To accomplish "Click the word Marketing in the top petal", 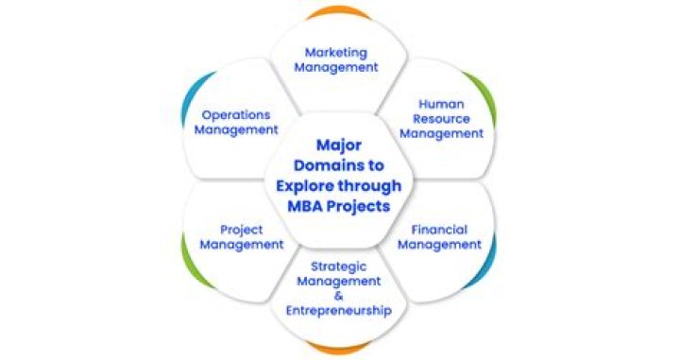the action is point(336,53).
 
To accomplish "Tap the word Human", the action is point(441,104).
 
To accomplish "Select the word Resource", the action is point(441,119).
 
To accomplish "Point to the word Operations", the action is point(236,115).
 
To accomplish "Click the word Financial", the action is point(439,230).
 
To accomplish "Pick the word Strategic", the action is point(339,267).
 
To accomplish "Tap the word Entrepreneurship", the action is point(339,311).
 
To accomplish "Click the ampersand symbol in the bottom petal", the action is point(339,296).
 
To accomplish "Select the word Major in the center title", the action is point(339,146).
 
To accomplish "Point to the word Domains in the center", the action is point(339,165).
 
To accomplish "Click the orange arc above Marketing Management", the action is point(338,9).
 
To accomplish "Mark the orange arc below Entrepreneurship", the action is point(338,349).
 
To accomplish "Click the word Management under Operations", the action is point(236,130).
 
